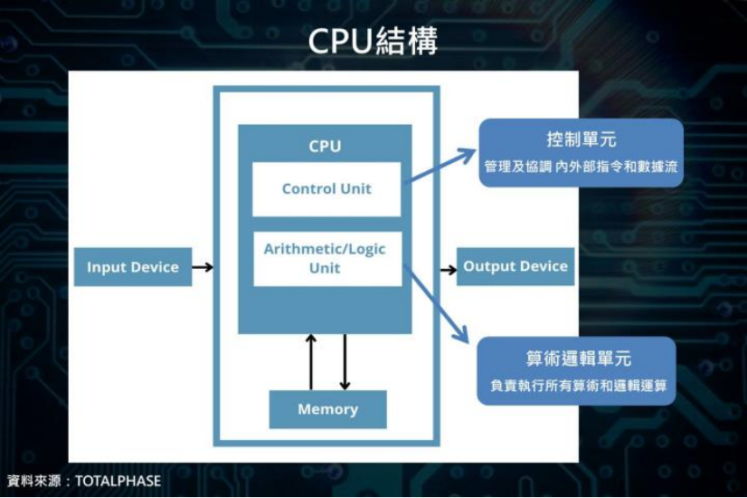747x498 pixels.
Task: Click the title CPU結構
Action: [x=373, y=40]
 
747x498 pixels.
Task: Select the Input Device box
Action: [x=133, y=267]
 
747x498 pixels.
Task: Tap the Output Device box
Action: [x=515, y=266]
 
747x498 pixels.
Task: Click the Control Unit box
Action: [x=326, y=189]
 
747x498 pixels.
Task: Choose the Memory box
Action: [x=327, y=409]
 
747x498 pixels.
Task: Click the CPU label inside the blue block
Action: [x=325, y=146]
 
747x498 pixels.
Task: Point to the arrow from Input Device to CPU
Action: [x=203, y=267]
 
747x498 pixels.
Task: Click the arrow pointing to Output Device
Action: [x=448, y=269]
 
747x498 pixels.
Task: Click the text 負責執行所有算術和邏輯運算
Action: [x=578, y=386]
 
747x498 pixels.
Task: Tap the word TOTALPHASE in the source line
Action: [x=118, y=481]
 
